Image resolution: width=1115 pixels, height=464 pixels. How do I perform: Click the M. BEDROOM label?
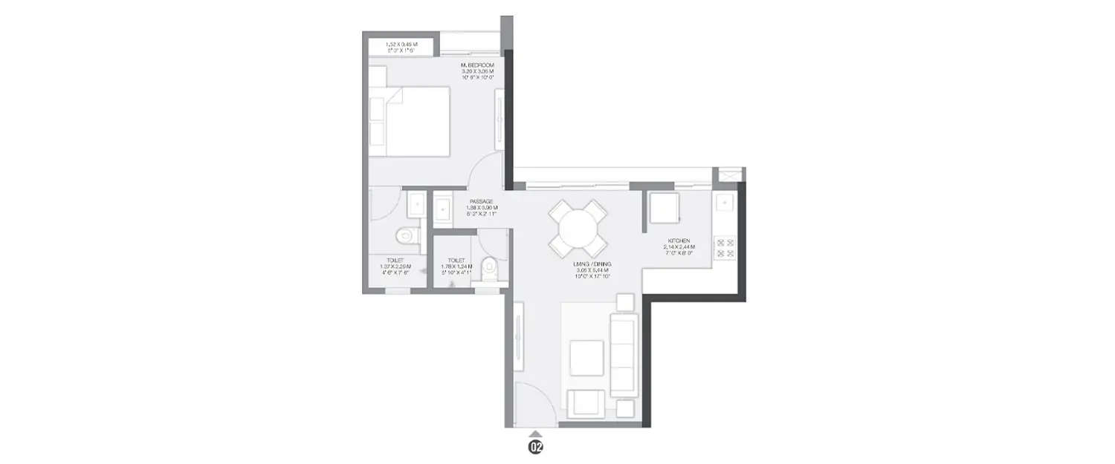click(x=477, y=65)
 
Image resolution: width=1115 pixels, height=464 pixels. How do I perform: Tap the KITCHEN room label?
click(x=680, y=241)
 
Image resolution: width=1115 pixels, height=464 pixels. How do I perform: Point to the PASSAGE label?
click(x=481, y=201)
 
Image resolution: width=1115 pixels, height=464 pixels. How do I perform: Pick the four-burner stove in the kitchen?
click(x=725, y=249)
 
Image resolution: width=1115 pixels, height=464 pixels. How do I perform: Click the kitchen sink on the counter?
click(x=725, y=203)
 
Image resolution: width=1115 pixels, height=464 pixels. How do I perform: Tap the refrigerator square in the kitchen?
click(x=665, y=208)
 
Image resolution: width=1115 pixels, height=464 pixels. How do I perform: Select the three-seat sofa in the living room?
click(x=624, y=355)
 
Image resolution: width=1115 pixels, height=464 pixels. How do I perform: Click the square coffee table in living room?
click(x=587, y=357)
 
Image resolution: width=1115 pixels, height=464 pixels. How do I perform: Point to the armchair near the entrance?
click(x=586, y=404)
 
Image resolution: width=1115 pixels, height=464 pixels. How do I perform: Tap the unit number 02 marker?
click(x=535, y=447)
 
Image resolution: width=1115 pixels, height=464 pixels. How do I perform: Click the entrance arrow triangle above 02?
click(x=535, y=433)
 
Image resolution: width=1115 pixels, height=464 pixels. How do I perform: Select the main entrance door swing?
click(x=533, y=405)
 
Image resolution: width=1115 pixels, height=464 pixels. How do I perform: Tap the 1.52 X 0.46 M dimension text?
click(x=401, y=45)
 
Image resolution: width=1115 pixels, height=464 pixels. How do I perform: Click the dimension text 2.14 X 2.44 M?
click(x=680, y=247)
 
